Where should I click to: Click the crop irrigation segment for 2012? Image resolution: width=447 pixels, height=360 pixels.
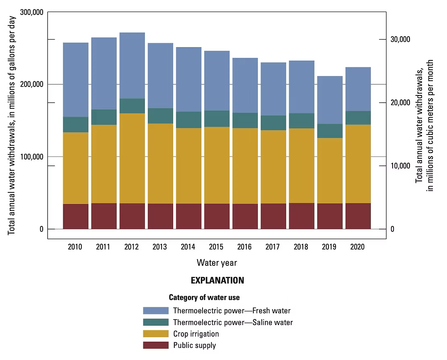132,158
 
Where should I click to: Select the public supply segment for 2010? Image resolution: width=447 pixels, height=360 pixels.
76,216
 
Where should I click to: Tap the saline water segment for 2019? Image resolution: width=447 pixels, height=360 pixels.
330,131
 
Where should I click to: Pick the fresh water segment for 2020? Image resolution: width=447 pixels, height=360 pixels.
358,89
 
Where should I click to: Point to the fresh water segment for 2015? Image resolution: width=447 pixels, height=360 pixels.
217,81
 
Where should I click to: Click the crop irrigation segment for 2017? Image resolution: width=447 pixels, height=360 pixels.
273,167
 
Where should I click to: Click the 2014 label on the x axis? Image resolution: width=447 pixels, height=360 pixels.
188,247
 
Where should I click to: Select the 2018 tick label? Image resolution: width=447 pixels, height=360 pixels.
301,247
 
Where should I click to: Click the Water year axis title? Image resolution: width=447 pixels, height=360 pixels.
217,263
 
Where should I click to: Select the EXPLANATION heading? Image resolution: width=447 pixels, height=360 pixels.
217,280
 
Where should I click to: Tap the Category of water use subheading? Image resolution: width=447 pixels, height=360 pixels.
204,298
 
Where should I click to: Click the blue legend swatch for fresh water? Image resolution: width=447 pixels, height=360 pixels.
156,311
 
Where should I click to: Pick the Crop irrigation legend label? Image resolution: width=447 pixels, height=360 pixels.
196,334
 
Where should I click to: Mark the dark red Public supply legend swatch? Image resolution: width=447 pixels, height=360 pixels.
156,345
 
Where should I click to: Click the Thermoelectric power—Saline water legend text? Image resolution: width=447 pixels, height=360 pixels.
233,322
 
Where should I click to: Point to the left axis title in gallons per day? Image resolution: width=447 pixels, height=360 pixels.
12,125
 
